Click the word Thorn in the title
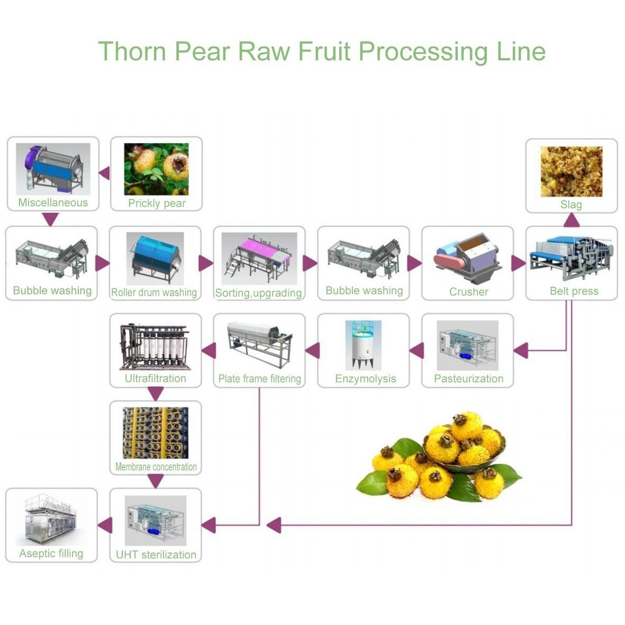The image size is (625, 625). (132, 51)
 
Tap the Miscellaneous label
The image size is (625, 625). (53, 203)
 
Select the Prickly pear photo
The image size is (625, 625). (156, 169)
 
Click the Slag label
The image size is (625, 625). (571, 205)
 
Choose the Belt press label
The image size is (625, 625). (574, 291)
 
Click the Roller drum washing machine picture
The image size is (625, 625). (155, 258)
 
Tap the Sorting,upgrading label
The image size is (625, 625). (258, 293)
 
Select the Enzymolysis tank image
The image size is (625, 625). (363, 345)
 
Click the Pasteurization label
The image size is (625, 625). (468, 378)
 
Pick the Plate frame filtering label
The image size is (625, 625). (259, 379)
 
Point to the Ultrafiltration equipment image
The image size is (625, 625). (155, 347)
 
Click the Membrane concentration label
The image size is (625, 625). (156, 467)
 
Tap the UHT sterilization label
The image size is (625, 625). (156, 555)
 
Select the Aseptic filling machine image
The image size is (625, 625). (51, 520)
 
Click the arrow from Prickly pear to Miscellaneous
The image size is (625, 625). (104, 173)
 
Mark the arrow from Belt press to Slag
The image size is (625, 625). (572, 220)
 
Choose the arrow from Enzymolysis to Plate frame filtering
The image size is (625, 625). (312, 350)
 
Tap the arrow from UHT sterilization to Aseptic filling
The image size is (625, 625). (105, 525)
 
